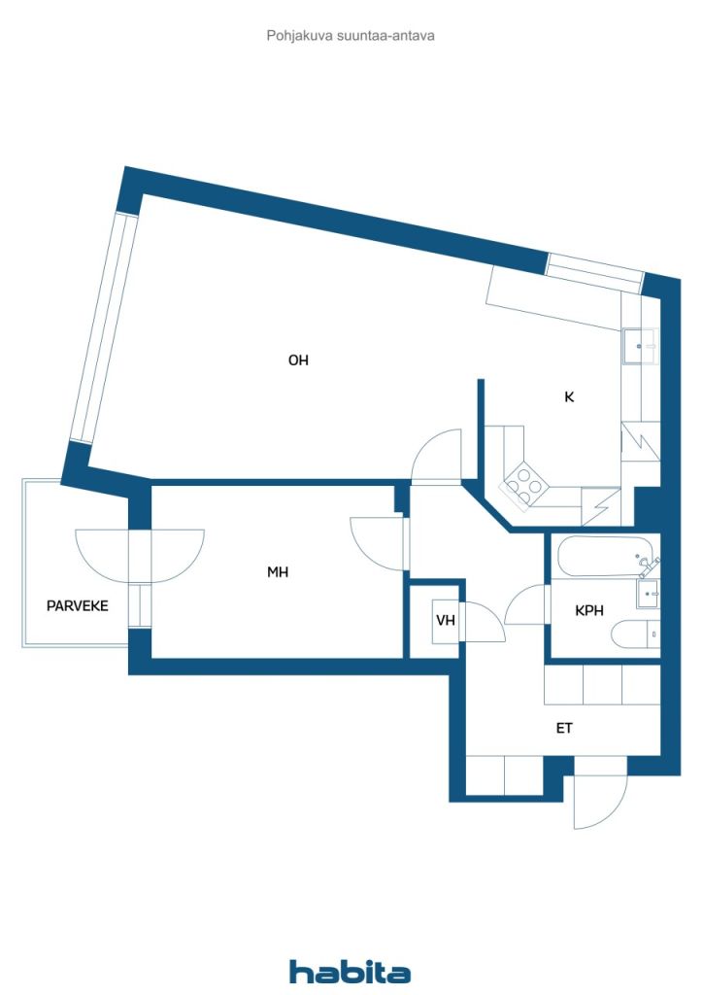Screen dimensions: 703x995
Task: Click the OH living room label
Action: [x=298, y=360]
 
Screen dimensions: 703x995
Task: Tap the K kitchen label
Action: [x=569, y=397]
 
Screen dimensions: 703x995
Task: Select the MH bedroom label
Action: [x=278, y=572]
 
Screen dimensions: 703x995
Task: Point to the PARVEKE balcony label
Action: [x=78, y=606]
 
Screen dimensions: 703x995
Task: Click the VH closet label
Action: [x=446, y=620]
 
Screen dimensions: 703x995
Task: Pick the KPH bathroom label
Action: [x=589, y=611]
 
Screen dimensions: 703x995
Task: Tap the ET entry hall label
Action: [x=564, y=729]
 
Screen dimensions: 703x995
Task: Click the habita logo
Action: [x=350, y=972]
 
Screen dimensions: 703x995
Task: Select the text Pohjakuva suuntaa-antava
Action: [x=351, y=36]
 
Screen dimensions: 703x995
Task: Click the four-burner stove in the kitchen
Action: [x=523, y=487]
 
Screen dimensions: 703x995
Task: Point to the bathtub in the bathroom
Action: [x=604, y=557]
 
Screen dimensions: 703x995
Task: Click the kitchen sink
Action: [x=640, y=346]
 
